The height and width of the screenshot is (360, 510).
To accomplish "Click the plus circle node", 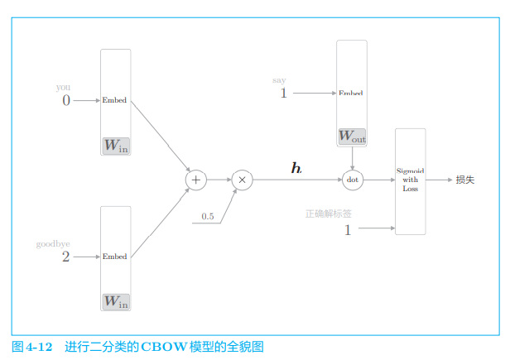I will click(x=196, y=180).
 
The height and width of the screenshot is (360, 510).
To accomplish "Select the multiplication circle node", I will click(x=242, y=180).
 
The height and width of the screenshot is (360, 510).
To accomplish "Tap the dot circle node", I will click(x=353, y=180).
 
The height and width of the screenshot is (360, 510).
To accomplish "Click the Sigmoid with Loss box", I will click(x=411, y=180).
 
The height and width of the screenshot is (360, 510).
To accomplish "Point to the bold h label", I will click(x=296, y=169).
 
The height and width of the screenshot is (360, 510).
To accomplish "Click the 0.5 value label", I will click(x=207, y=217).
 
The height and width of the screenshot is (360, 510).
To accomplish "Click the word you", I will click(x=63, y=87).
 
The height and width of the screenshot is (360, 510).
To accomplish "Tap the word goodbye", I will click(x=53, y=244).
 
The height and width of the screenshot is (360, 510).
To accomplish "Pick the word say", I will click(x=279, y=80).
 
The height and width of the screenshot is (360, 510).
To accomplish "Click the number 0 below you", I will click(x=66, y=101).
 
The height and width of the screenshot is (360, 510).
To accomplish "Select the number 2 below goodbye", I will click(x=65, y=257).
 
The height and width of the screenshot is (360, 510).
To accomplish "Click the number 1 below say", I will click(x=283, y=94).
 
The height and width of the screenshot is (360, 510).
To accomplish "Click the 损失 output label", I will click(x=465, y=180).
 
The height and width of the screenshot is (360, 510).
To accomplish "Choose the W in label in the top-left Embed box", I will click(x=116, y=146).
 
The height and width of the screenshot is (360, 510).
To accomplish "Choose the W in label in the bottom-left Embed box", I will click(x=116, y=303).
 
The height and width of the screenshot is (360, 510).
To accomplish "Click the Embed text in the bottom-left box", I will click(x=115, y=257).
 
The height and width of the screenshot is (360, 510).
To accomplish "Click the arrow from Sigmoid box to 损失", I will click(x=439, y=180).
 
